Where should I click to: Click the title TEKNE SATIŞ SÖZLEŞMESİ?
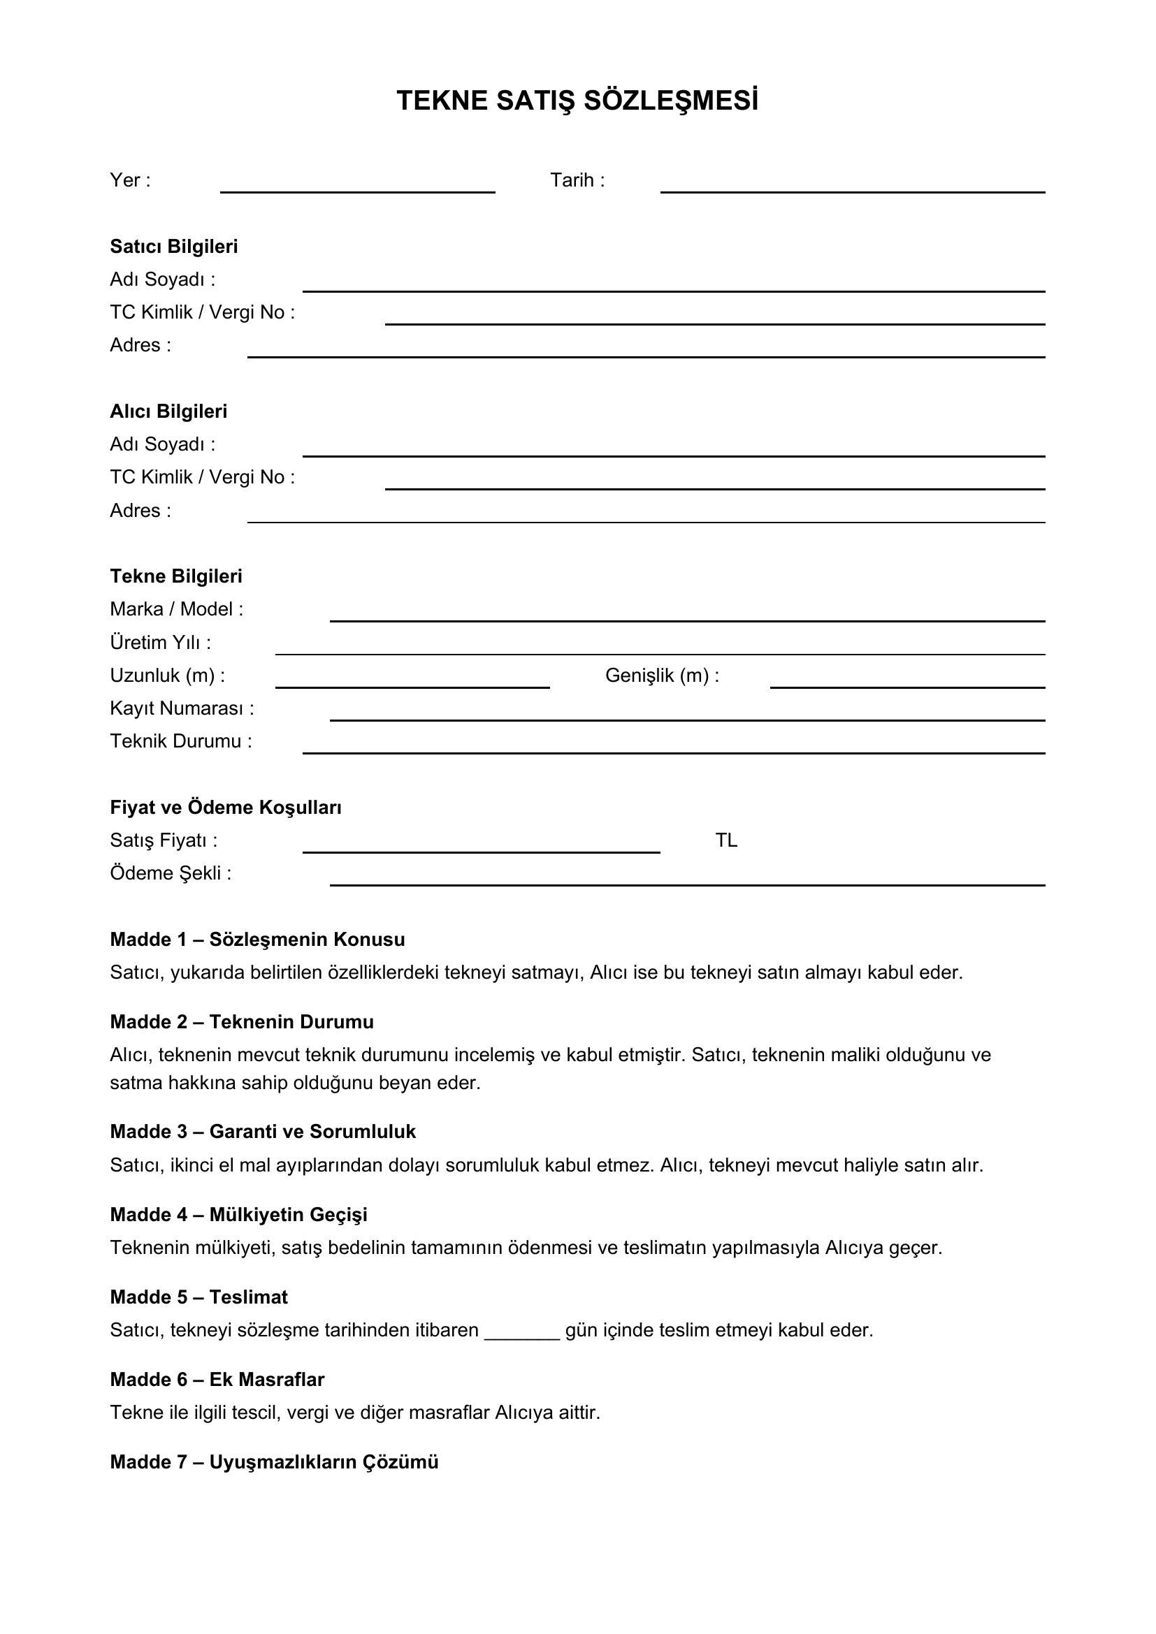[x=577, y=101]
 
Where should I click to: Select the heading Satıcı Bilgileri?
[x=174, y=246]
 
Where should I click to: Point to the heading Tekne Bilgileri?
[x=176, y=576]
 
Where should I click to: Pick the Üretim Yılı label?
[x=160, y=643]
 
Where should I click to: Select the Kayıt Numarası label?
[x=182, y=708]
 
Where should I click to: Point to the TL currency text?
[x=726, y=840]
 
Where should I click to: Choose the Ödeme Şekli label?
[x=171, y=873]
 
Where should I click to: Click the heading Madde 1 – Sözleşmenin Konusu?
[x=257, y=940]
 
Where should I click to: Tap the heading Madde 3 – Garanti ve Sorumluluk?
[x=263, y=1132]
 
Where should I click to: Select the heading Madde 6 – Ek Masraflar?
[x=217, y=1379]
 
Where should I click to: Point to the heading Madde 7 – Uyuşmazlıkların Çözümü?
[x=274, y=1461]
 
